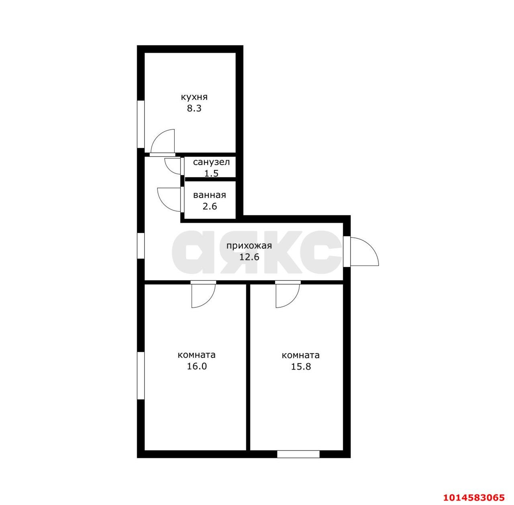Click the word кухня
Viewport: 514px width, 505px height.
(x=194, y=97)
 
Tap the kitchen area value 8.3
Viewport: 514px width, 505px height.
(x=194, y=108)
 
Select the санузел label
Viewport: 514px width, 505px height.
(x=211, y=162)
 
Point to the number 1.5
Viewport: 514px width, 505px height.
(x=211, y=174)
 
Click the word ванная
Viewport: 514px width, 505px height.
(x=209, y=195)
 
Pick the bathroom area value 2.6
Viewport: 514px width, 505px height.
(x=210, y=206)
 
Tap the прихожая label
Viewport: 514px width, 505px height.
(x=249, y=246)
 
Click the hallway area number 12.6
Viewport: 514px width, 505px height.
(x=249, y=257)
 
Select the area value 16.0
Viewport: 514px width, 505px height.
(x=197, y=366)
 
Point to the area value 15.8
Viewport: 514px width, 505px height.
(x=301, y=366)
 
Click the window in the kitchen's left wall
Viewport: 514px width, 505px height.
(x=141, y=124)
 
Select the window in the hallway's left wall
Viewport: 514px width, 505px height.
(x=141, y=245)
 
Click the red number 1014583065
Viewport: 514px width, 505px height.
(x=474, y=497)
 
